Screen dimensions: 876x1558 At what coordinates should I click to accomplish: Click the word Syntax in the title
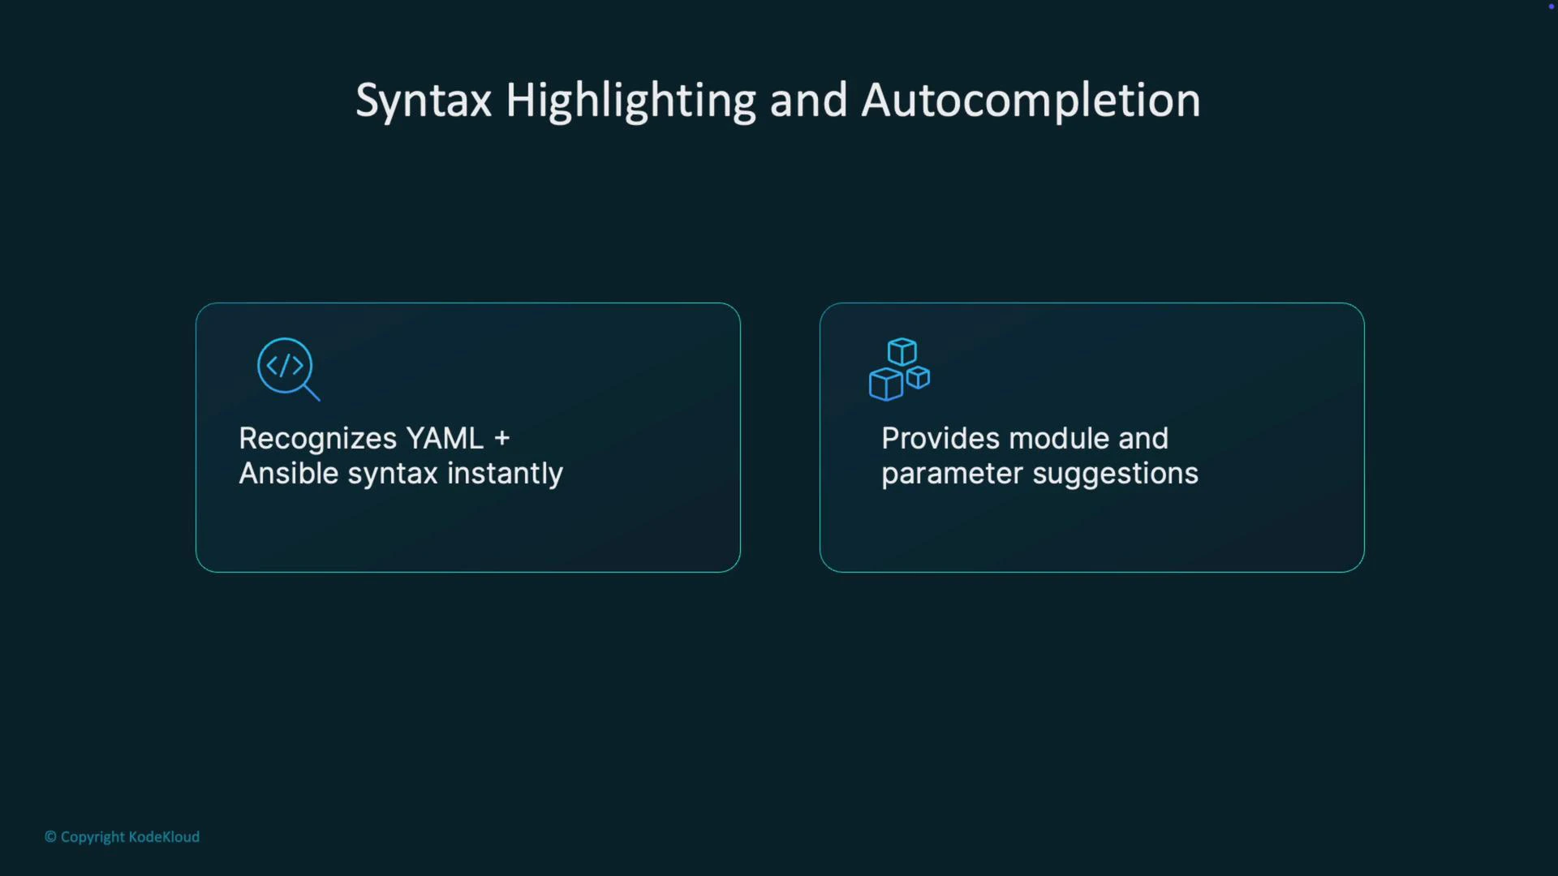click(424, 102)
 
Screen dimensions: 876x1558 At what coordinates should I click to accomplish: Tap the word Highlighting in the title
click(631, 102)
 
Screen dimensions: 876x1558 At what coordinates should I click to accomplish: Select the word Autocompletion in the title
click(1031, 102)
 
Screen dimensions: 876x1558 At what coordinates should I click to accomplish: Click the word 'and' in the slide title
click(808, 101)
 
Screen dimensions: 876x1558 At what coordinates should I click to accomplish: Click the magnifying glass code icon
click(287, 368)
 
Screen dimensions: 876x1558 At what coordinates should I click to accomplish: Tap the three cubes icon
click(899, 370)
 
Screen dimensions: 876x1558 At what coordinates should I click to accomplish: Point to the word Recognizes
click(317, 439)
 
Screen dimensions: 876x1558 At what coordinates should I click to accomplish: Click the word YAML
click(445, 439)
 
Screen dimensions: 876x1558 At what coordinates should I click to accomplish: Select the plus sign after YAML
click(502, 439)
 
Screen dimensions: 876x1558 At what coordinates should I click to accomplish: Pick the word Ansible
click(289, 474)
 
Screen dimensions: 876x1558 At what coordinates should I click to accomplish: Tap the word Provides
click(940, 439)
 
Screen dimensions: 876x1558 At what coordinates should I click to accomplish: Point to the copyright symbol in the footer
click(50, 837)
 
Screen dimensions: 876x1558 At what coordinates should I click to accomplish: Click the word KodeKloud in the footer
click(164, 837)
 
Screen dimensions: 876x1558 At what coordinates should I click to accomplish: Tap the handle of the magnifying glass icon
click(312, 393)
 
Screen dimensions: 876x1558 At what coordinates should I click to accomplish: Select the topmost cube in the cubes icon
click(902, 352)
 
